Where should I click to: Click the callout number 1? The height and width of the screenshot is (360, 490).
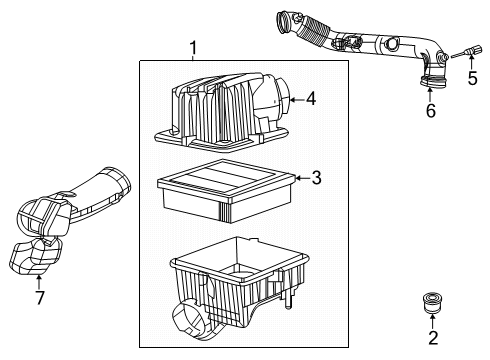pyautogui.click(x=194, y=48)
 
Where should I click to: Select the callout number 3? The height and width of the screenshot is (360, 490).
pyautogui.click(x=316, y=178)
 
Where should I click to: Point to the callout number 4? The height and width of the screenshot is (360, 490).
pyautogui.click(x=311, y=99)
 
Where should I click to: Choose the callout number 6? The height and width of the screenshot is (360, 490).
pyautogui.click(x=431, y=111)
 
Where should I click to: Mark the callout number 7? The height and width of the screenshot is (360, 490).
pyautogui.click(x=39, y=298)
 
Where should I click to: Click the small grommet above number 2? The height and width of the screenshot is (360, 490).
pyautogui.click(x=433, y=299)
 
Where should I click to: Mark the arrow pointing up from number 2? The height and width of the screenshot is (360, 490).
pyautogui.click(x=433, y=322)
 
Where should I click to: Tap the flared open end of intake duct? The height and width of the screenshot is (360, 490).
pyautogui.click(x=122, y=182)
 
